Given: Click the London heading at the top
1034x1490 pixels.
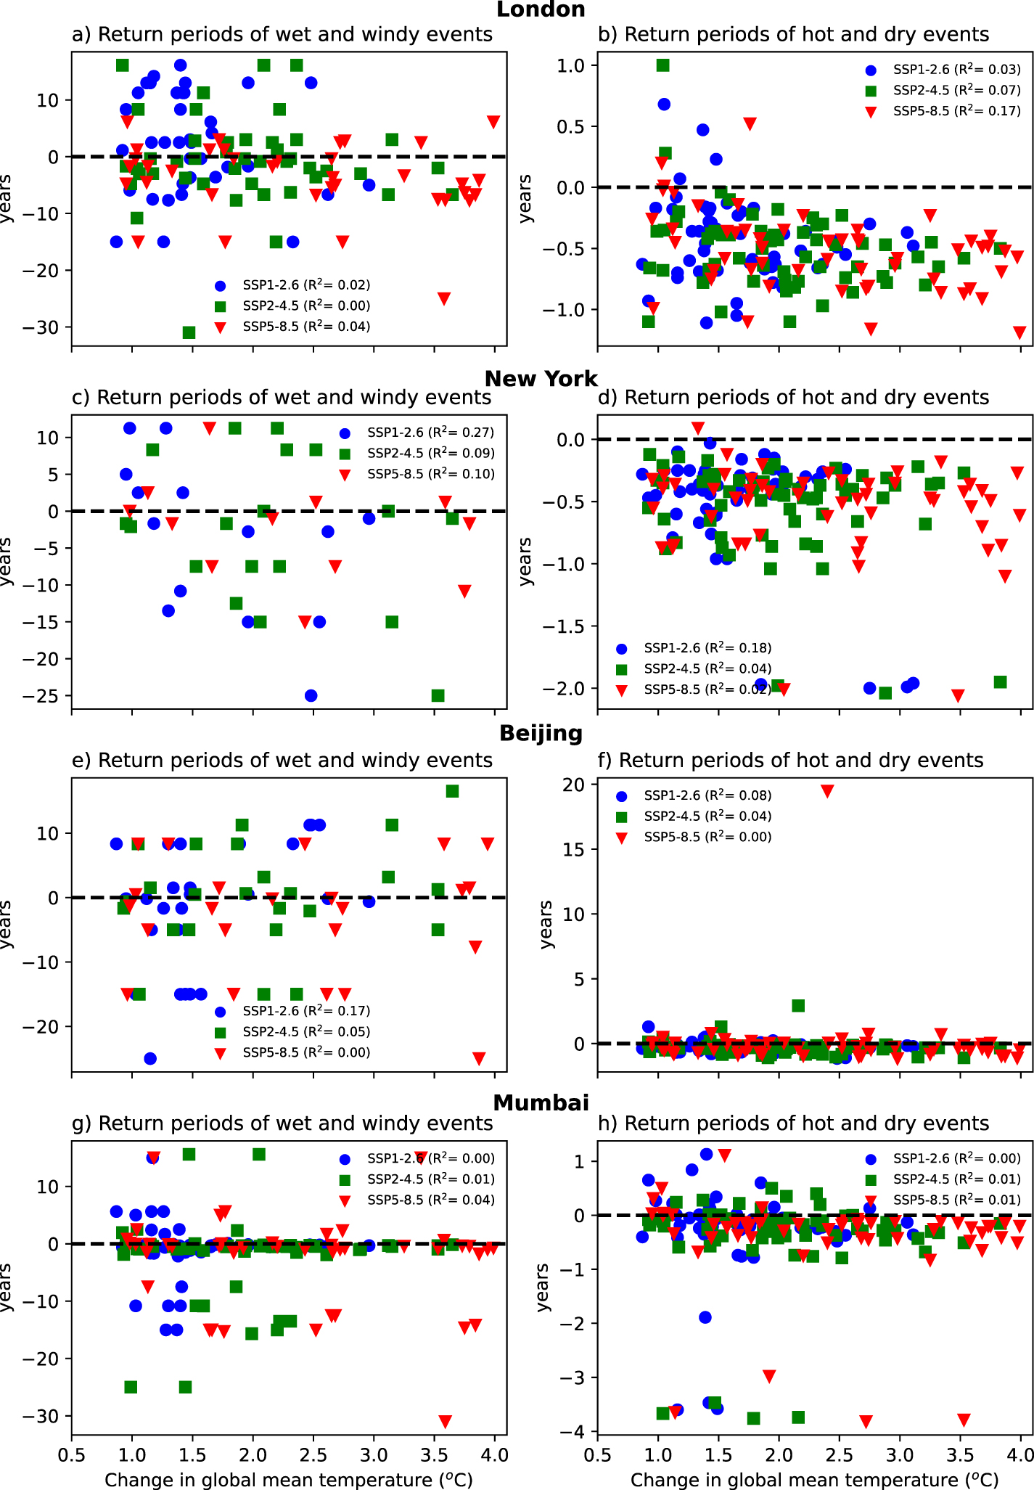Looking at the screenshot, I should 541,9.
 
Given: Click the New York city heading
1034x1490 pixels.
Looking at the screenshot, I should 541,378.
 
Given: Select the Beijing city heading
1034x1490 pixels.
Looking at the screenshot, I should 541,733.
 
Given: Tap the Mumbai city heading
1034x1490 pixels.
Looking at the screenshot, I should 541,1102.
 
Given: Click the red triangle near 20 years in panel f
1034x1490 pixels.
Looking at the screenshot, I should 827,791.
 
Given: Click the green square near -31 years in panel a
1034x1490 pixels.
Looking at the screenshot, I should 189,332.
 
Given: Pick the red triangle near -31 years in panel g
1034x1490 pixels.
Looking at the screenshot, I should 446,1421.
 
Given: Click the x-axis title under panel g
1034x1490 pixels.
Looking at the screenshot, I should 289,1479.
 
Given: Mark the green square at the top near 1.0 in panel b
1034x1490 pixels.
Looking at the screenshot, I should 662,65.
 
